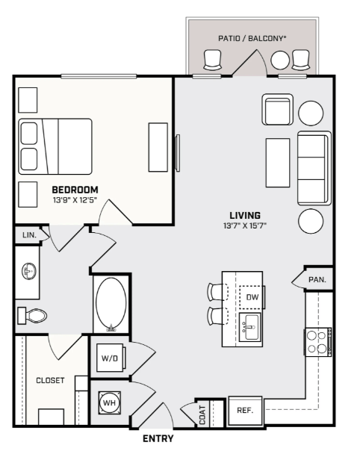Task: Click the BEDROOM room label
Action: [x=75, y=190]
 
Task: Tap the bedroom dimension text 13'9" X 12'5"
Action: [x=75, y=200]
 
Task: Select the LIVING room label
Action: [x=245, y=216]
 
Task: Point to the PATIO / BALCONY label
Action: [x=252, y=38]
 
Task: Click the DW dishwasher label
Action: [x=252, y=297]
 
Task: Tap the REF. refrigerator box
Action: [x=245, y=411]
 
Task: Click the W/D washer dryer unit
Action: [x=111, y=358]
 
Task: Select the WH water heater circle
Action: [x=109, y=402]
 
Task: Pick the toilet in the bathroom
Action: [x=32, y=316]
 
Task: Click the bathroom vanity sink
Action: [x=29, y=271]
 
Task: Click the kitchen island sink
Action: [x=249, y=327]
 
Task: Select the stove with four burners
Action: [x=318, y=342]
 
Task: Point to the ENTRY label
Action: [x=158, y=438]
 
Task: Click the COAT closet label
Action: [x=202, y=415]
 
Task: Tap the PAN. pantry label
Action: [x=317, y=279]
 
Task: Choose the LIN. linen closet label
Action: [x=29, y=235]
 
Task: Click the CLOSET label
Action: [x=50, y=380]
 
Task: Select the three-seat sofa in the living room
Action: [x=314, y=168]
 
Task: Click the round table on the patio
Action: [x=280, y=60]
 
